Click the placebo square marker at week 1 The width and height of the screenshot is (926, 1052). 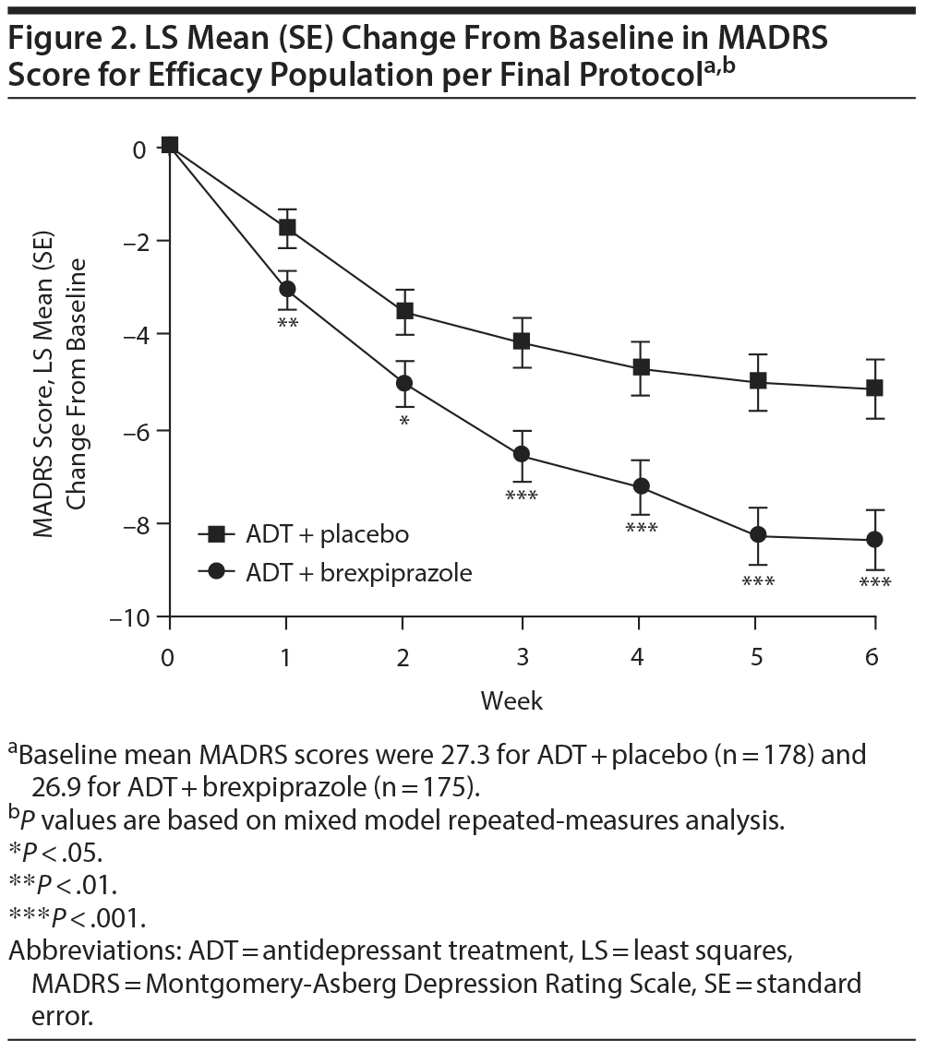(287, 227)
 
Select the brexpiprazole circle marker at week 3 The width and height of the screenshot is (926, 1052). (522, 453)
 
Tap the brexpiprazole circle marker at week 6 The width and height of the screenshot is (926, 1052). (874, 539)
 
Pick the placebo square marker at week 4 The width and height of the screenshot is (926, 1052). (639, 367)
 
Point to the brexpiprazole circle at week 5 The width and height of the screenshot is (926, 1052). (757, 534)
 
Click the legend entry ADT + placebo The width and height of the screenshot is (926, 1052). (327, 533)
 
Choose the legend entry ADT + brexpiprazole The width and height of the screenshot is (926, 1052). (358, 572)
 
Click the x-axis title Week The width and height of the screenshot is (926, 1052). (511, 701)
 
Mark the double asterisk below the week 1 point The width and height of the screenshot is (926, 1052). (287, 323)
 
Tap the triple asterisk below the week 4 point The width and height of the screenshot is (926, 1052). (640, 529)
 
